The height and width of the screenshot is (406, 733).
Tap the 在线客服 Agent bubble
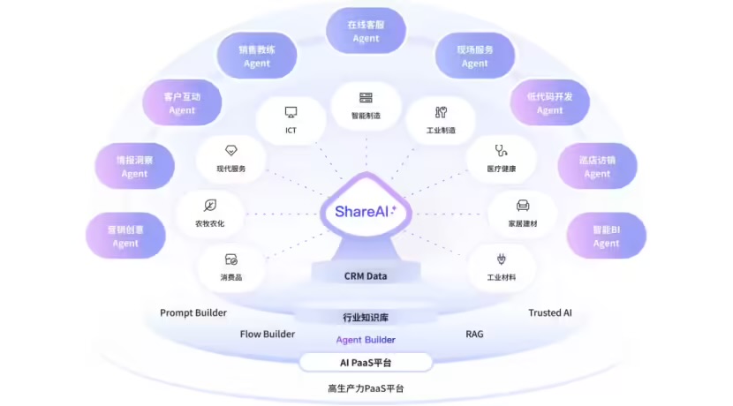(366, 32)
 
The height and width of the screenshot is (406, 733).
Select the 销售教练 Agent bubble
(256, 56)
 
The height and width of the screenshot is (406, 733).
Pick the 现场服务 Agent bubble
(474, 56)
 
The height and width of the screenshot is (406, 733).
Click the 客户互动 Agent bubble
(182, 103)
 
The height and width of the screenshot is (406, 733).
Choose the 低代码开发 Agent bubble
(549, 103)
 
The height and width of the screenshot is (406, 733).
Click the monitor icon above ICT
(291, 112)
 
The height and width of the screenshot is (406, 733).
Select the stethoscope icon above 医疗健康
(500, 150)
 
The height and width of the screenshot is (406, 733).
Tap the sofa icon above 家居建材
(523, 206)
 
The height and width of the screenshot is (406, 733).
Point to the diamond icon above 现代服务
(231, 150)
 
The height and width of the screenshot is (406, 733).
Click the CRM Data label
(366, 276)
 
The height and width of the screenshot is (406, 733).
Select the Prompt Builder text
(193, 312)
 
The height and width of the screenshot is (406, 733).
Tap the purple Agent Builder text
(366, 340)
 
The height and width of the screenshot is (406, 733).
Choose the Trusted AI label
(550, 312)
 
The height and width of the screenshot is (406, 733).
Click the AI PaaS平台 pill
(366, 363)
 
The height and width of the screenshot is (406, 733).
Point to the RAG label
(474, 335)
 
